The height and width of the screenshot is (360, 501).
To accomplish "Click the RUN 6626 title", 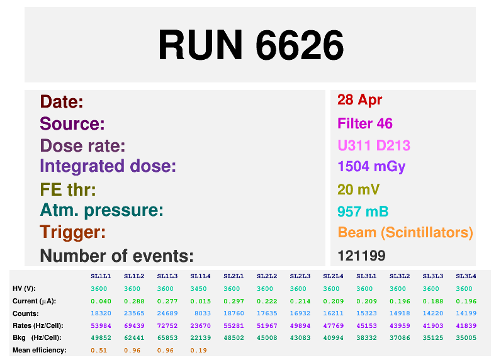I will (x=250, y=45).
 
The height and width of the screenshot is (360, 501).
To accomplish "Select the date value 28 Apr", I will (x=360, y=99).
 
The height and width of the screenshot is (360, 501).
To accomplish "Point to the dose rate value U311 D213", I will (x=374, y=146).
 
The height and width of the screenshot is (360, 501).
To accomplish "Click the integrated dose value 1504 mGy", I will (x=371, y=166).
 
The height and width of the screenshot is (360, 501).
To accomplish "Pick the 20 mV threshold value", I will (x=359, y=189).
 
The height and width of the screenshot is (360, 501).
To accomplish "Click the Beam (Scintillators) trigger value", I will (x=405, y=232).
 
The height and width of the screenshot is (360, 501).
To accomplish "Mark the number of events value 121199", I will (x=361, y=256).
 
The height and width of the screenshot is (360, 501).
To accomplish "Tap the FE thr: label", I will (x=68, y=189).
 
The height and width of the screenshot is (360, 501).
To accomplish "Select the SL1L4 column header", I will (x=200, y=276).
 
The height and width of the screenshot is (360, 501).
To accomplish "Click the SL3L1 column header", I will (x=366, y=276).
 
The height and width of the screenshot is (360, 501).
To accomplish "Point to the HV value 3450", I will (x=200, y=289).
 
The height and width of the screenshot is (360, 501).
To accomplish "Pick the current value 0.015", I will (x=200, y=301).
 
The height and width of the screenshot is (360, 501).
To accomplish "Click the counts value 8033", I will (x=200, y=313).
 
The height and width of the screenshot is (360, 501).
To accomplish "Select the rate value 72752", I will (x=167, y=325).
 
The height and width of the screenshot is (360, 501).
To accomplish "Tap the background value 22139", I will (x=200, y=337).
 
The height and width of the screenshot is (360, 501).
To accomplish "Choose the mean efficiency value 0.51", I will (x=100, y=350).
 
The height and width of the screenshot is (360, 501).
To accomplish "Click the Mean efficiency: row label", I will (x=39, y=350).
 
